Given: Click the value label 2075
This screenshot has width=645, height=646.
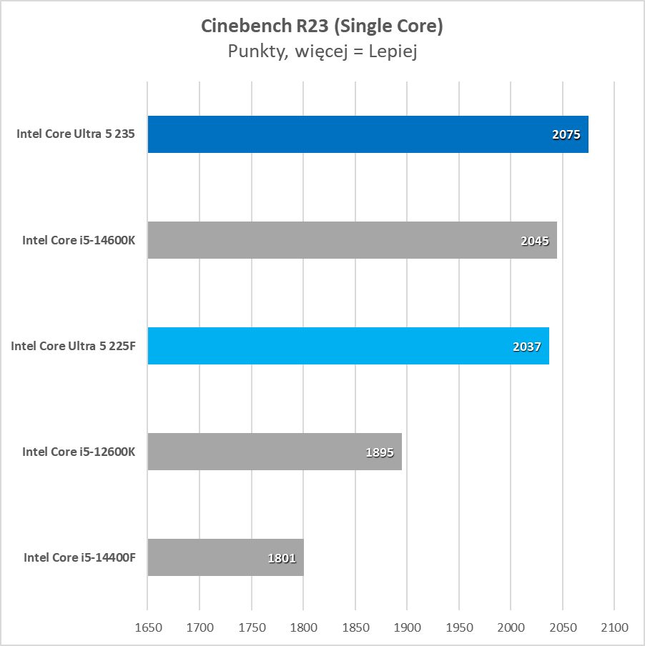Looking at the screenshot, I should click(x=566, y=134).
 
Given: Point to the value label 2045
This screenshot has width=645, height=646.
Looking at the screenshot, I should click(x=535, y=241).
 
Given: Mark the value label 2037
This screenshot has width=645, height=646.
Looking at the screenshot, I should click(x=527, y=347).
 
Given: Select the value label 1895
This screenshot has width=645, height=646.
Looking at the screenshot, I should click(x=380, y=452).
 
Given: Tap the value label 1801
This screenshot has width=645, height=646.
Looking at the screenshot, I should click(x=282, y=558).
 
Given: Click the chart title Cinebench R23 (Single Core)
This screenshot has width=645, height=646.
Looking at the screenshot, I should click(x=322, y=26).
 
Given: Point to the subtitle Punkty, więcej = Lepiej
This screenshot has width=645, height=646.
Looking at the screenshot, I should click(x=322, y=51).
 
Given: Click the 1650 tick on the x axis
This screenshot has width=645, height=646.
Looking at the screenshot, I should click(x=148, y=628).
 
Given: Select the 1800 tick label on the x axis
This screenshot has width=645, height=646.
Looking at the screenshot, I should click(x=303, y=628).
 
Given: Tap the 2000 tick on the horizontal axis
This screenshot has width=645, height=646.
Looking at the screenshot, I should click(x=511, y=628).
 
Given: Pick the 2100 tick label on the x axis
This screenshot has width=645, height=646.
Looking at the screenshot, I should click(x=614, y=628).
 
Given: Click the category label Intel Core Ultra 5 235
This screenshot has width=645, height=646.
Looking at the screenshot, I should click(x=77, y=134).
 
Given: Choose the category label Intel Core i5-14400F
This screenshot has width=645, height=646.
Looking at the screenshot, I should click(x=79, y=557).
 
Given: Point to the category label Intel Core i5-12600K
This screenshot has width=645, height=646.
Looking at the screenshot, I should click(x=79, y=452).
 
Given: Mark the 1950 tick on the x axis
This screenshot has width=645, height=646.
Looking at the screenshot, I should click(x=459, y=628).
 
